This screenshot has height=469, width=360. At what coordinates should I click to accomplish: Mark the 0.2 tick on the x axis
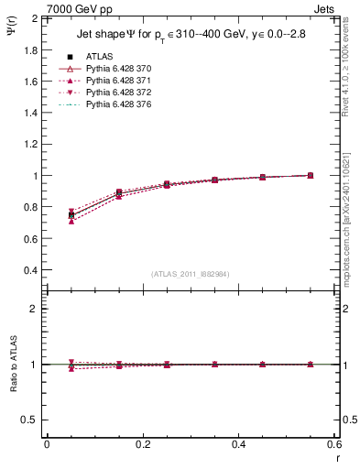click(x=143, y=443)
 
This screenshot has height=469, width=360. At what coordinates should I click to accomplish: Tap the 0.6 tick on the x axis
click(x=334, y=443)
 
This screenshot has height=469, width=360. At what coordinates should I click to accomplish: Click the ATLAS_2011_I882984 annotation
click(x=189, y=274)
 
